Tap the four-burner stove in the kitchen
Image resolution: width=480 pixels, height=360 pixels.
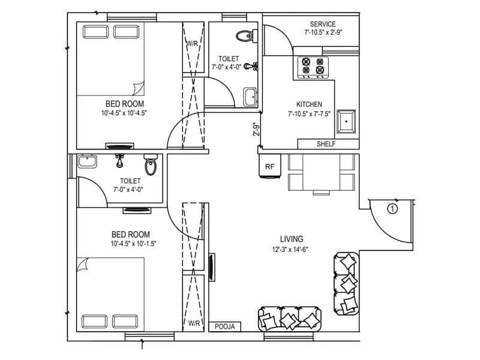[315, 66]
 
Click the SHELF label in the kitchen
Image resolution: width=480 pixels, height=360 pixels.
[325, 144]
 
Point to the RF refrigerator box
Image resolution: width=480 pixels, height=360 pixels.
[269, 167]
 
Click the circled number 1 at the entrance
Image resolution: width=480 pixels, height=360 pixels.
[392, 209]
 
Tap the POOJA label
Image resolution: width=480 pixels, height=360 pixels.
[228, 326]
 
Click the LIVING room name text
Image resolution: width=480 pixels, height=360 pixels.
[291, 238]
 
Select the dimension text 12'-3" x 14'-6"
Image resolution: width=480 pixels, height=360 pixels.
[291, 249]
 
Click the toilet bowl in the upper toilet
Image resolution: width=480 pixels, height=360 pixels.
[244, 37]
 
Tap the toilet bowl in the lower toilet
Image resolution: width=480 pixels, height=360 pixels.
[151, 164]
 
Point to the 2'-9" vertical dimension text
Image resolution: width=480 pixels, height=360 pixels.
[255, 129]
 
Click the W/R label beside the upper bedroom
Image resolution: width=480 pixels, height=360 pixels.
[192, 44]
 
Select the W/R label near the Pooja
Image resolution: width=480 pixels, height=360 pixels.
[194, 323]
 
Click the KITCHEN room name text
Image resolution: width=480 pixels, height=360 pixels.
[309, 104]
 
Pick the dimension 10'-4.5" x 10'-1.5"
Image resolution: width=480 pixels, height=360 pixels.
[130, 244]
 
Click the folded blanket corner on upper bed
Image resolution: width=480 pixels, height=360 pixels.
[139, 88]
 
